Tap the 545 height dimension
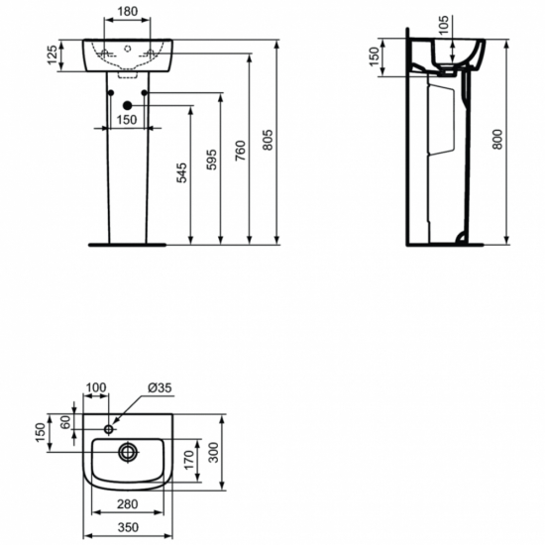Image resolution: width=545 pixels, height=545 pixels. point(179,173)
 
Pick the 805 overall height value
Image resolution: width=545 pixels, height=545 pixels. point(270,140)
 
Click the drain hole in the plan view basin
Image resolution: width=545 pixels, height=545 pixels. point(129,452)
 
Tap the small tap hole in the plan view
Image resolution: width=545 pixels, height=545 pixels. point(109,429)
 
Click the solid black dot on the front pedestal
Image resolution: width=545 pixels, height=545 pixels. point(125,106)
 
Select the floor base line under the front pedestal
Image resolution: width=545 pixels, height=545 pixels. point(125,243)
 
